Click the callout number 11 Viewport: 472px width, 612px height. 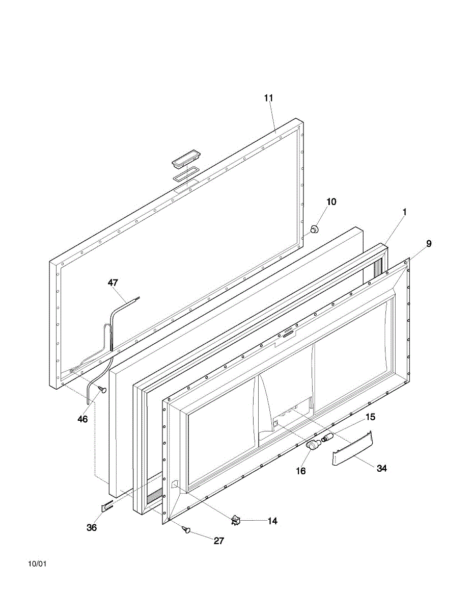tap(268, 98)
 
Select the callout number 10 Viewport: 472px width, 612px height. tap(331, 201)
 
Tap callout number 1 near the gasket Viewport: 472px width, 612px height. tap(404, 212)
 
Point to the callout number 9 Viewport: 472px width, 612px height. tap(429, 244)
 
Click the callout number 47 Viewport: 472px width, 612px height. tap(113, 283)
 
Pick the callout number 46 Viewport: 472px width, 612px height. tap(82, 419)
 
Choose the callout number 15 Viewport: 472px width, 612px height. tap(371, 417)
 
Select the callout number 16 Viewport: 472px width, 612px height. tap(301, 471)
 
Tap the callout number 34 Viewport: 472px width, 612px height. tap(382, 468)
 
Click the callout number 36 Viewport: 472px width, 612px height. tap(92, 527)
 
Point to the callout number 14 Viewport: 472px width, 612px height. tap(272, 521)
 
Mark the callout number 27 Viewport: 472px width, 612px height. tap(219, 541)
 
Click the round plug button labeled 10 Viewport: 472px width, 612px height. tap(315, 229)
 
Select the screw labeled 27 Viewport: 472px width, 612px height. tap(186, 529)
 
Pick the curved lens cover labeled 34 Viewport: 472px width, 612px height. tap(352, 448)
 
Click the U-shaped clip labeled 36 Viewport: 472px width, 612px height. tap(107, 507)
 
